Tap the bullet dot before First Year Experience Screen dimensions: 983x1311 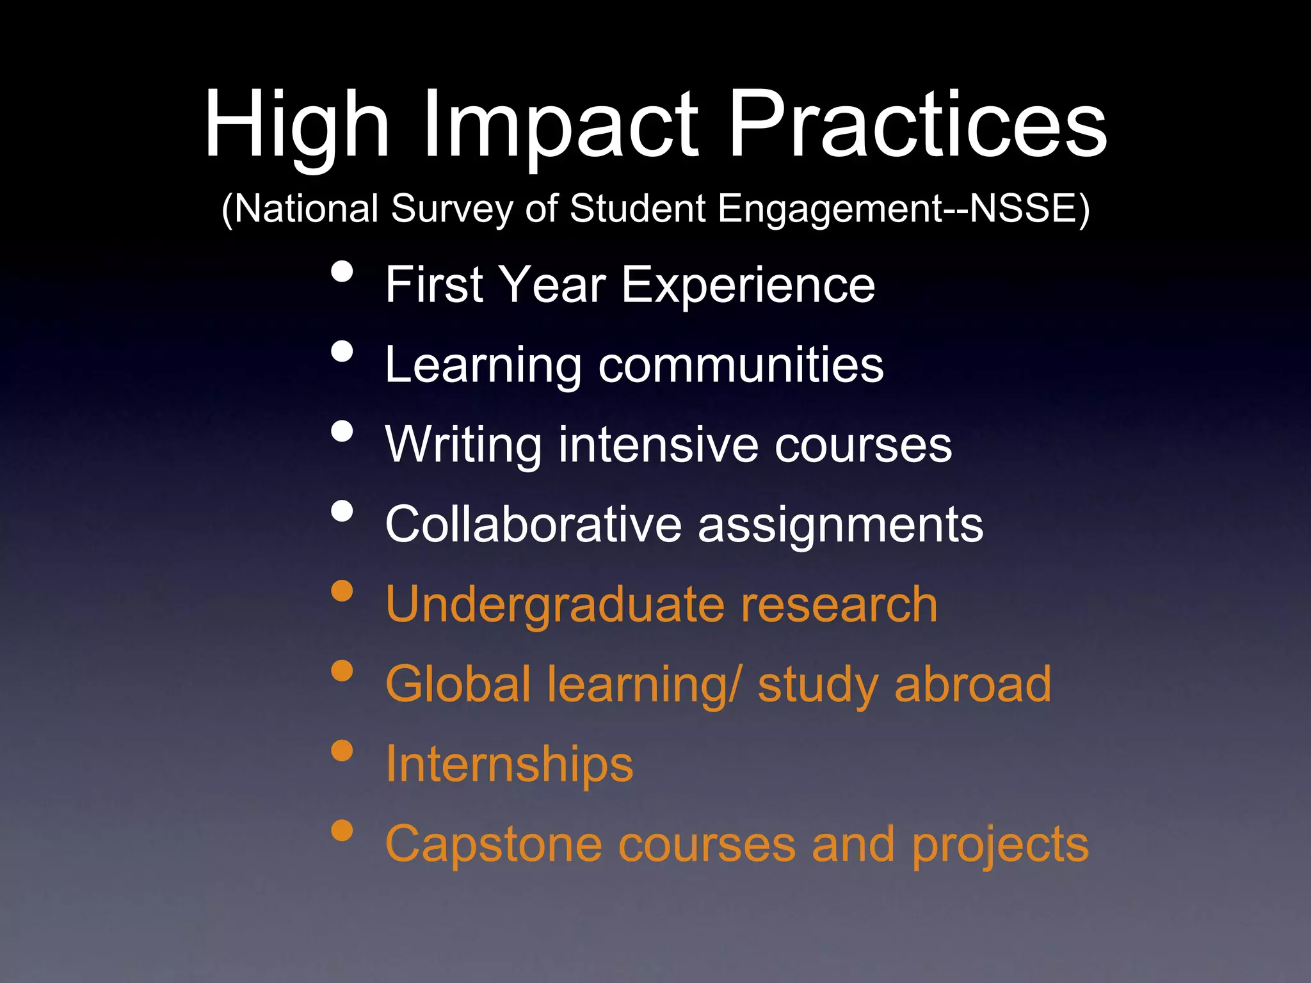point(342,271)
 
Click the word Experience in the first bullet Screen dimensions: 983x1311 point(748,285)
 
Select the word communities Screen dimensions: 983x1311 point(741,365)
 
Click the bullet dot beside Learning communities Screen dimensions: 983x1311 point(342,351)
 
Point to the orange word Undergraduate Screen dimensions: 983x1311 point(554,605)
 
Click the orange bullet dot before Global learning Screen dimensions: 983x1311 point(342,671)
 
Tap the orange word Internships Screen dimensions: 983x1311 point(509,765)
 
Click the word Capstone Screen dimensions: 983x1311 point(494,845)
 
